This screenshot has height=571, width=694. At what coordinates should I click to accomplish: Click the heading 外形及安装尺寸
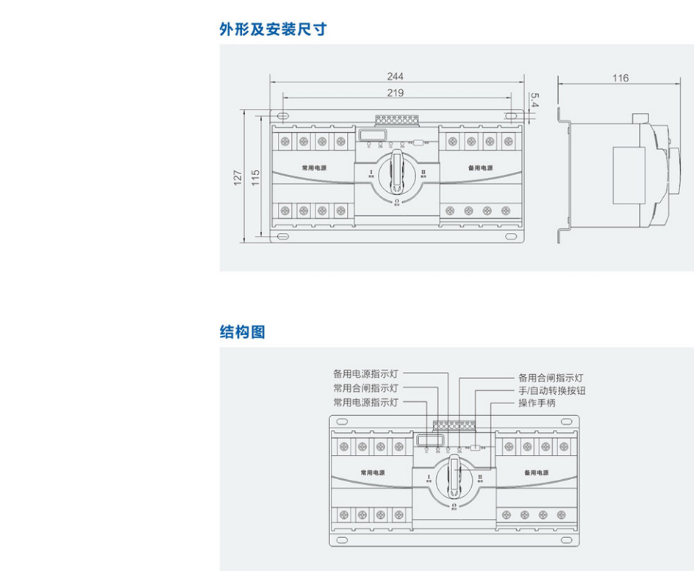tap(273, 29)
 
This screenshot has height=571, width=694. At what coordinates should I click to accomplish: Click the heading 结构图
tap(242, 332)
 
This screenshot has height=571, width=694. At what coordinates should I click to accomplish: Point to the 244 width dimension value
tap(396, 76)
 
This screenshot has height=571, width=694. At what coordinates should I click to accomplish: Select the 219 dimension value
tap(396, 93)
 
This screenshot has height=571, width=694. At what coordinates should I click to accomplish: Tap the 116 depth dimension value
tap(620, 78)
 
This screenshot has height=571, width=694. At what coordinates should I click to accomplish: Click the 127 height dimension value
tap(237, 177)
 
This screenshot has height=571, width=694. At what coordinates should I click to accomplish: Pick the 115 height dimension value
tap(256, 177)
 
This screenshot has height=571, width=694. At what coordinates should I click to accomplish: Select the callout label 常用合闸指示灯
tap(365, 388)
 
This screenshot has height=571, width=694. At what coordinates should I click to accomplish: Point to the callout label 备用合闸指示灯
tap(551, 377)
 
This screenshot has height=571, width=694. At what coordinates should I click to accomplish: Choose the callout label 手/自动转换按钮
tap(552, 391)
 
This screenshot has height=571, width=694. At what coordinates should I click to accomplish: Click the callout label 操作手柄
tap(537, 403)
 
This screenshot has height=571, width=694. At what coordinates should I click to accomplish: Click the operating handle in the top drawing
tap(397, 168)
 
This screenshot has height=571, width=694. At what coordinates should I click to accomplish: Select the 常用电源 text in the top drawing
tap(314, 168)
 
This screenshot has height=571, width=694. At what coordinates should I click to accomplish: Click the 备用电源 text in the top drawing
tap(481, 168)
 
